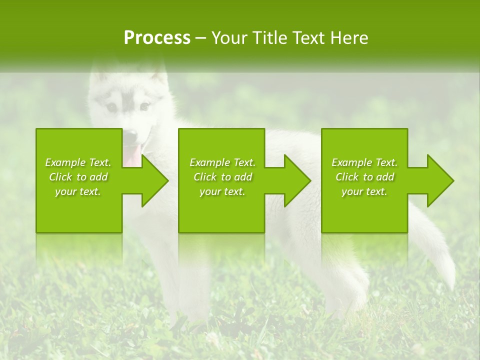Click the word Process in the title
[157, 38]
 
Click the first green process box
[79, 210]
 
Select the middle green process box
[221, 210]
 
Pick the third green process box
[364, 210]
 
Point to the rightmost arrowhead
[439, 180]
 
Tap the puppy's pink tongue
[133, 155]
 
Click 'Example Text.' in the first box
[78, 162]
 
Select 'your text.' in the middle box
[222, 191]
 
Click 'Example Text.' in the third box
[364, 162]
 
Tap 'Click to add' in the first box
[78, 177]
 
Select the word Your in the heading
[229, 38]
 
